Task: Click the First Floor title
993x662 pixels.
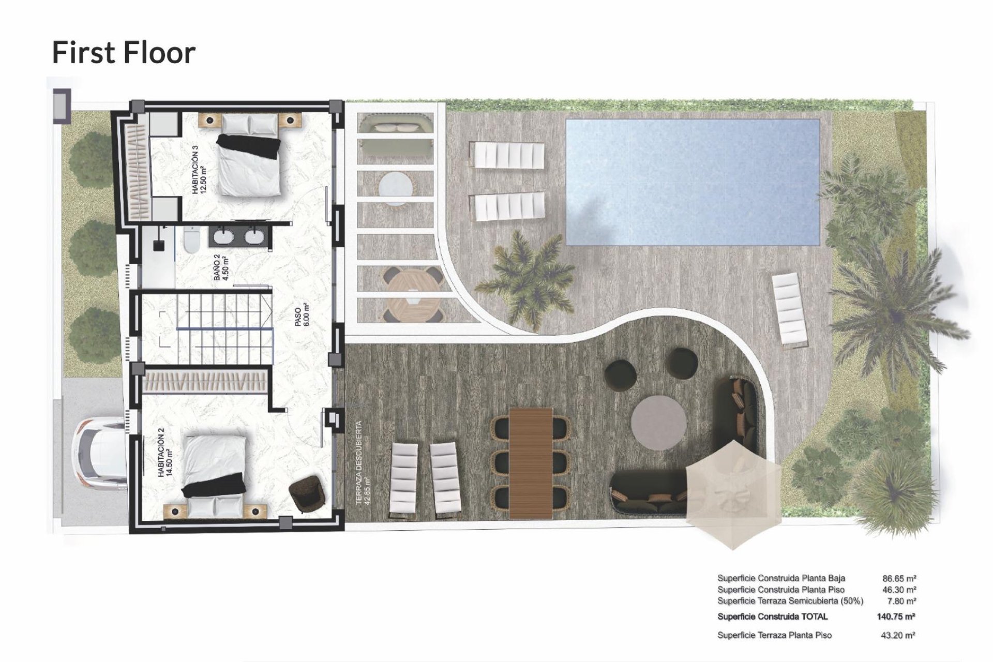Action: (x=124, y=53)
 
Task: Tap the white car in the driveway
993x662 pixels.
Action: (x=101, y=455)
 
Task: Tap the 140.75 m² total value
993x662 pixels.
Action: (x=896, y=616)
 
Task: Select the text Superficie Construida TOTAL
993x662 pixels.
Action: (x=772, y=616)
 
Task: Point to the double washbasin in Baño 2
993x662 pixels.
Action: (x=238, y=237)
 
